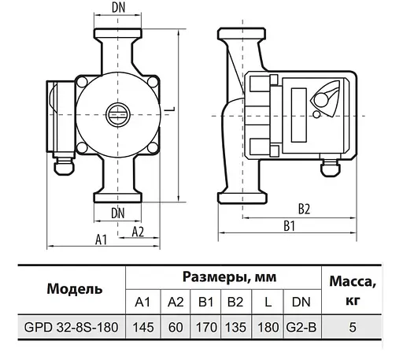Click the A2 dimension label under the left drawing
click(137, 231)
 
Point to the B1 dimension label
click(288, 226)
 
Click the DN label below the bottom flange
click(117, 212)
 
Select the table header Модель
click(75, 288)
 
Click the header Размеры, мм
click(224, 276)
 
